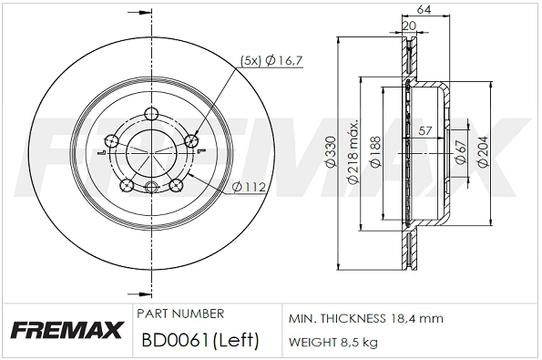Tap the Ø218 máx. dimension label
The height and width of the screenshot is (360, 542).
(353, 152)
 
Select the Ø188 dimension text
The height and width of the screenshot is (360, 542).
(375, 152)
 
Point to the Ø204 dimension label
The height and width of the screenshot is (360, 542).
(483, 152)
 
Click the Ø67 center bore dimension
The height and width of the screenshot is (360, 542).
(461, 152)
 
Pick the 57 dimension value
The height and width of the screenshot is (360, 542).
(425, 130)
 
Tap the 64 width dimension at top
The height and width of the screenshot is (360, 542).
(424, 10)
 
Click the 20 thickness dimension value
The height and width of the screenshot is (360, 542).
(410, 26)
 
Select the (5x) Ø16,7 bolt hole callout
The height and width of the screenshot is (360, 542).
(271, 60)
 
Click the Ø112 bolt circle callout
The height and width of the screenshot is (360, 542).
(250, 188)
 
